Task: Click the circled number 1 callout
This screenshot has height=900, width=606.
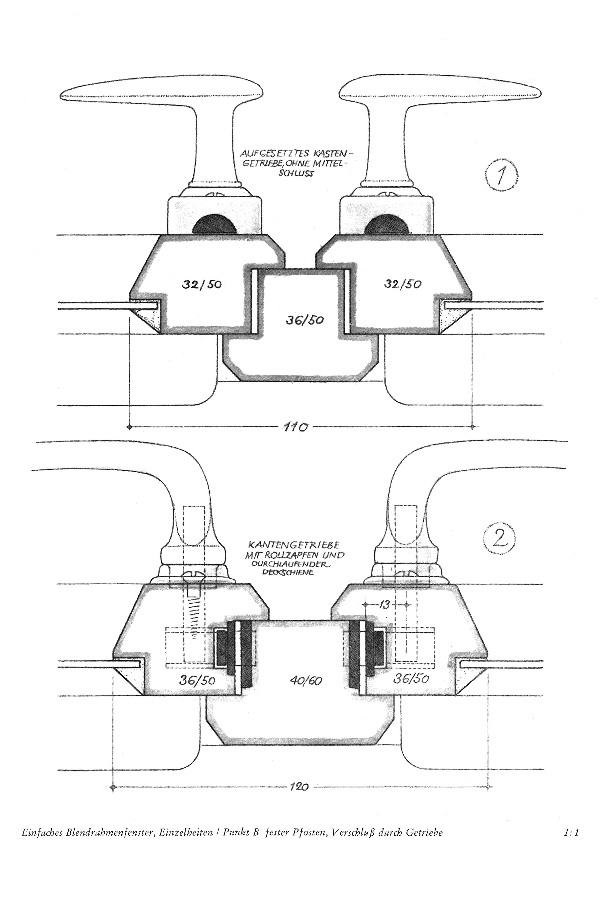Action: pyautogui.click(x=502, y=176)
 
